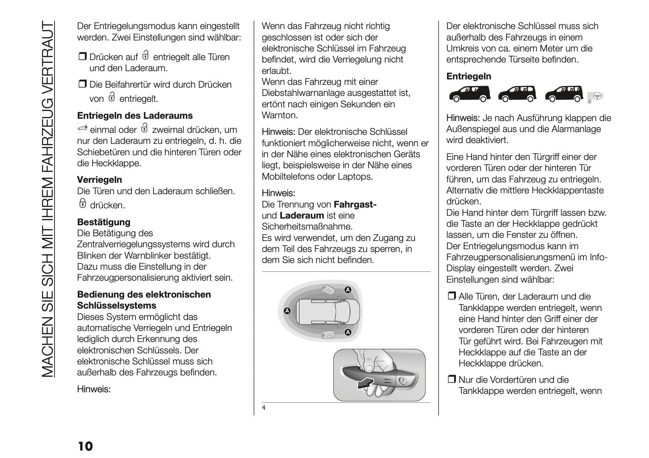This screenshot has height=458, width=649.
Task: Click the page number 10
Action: click(85, 446)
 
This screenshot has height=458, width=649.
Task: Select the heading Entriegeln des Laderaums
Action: click(135, 116)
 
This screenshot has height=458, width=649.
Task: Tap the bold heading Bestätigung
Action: click(104, 222)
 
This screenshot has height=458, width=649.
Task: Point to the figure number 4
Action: click(264, 408)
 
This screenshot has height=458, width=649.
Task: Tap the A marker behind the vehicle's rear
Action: click(287, 311)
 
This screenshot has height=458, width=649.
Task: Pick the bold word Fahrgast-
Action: click(355, 204)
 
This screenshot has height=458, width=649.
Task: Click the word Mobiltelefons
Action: click(288, 177)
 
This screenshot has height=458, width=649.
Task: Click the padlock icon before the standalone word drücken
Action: click(82, 204)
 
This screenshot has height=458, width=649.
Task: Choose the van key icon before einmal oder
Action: click(82, 129)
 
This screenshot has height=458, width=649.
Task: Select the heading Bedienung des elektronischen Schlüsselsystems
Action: click(144, 300)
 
